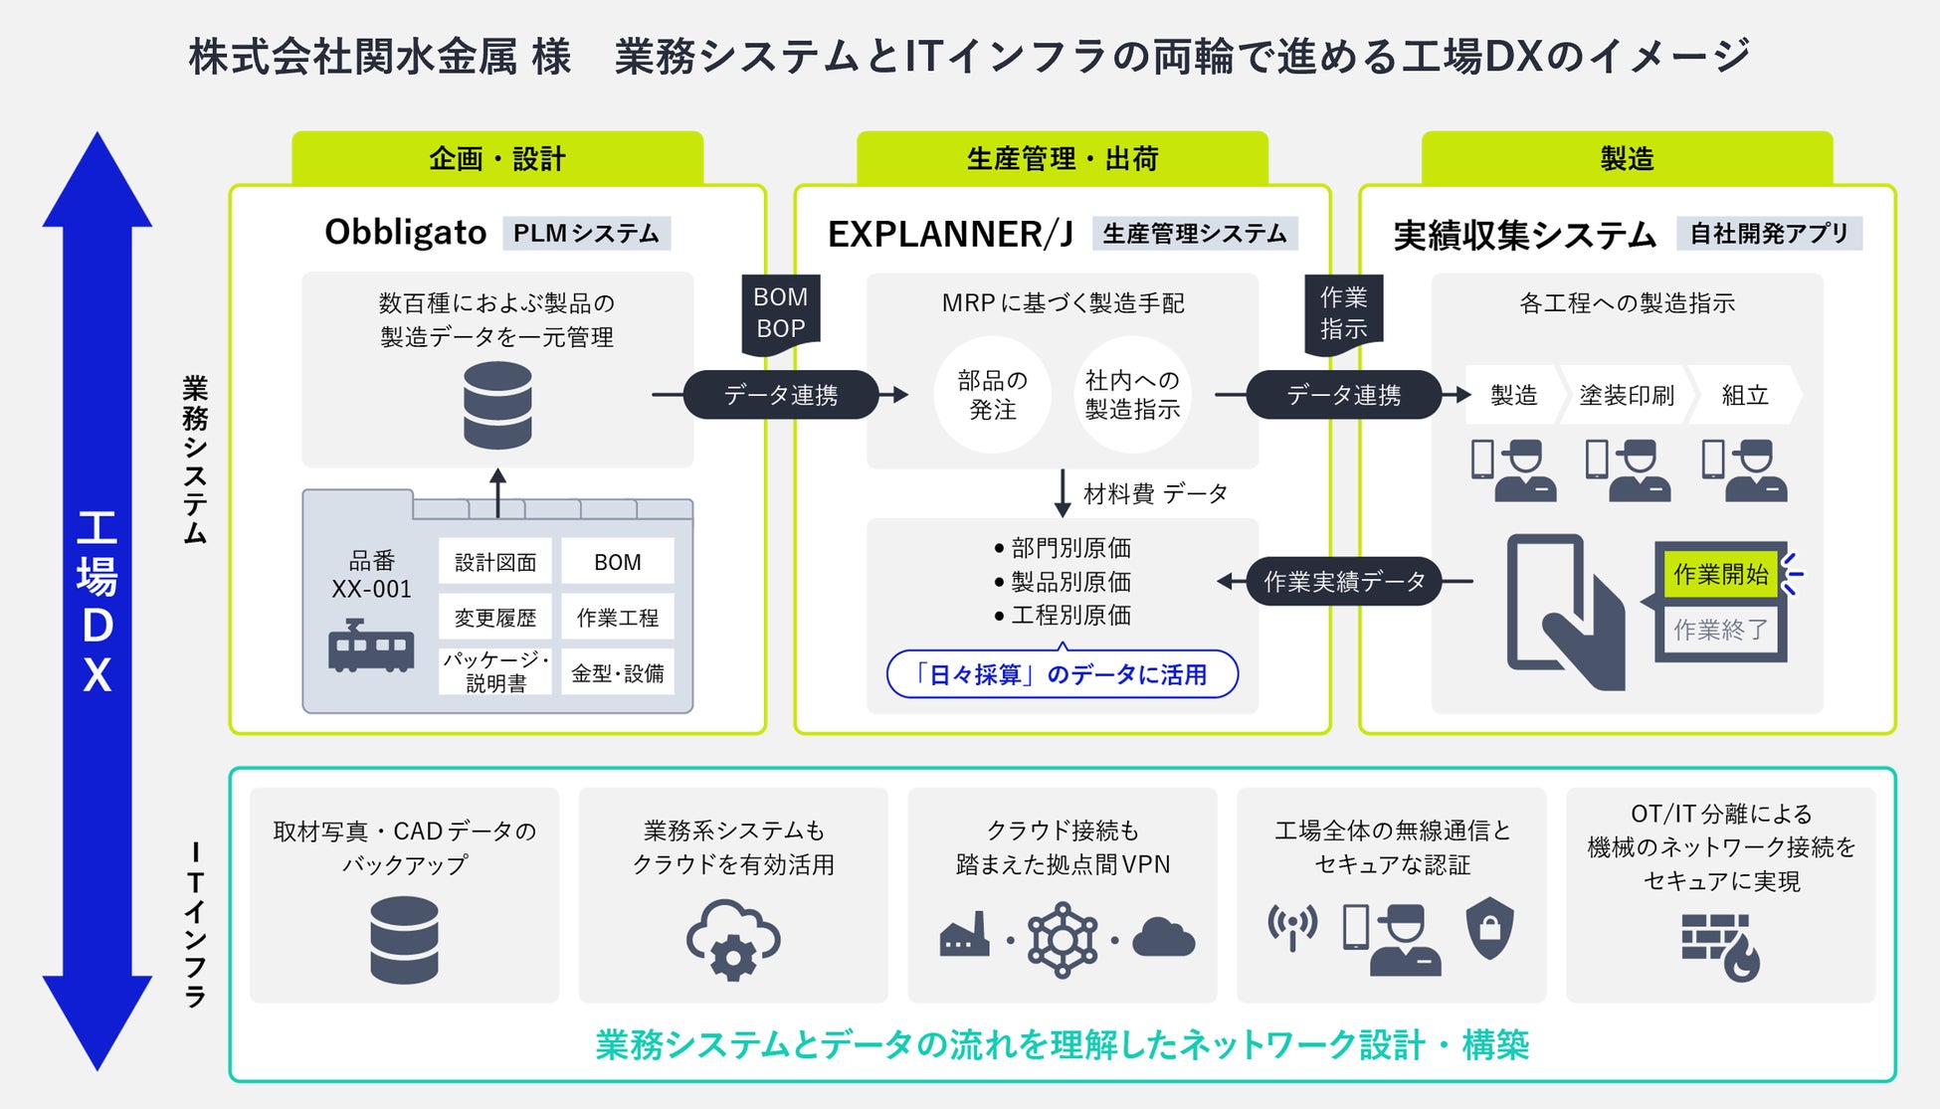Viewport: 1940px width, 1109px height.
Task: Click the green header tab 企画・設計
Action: [x=497, y=158]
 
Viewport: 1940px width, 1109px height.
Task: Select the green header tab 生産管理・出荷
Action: [x=1063, y=158]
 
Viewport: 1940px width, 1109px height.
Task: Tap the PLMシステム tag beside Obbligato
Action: [x=586, y=234]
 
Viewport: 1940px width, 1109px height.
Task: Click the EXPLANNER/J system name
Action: [x=951, y=234]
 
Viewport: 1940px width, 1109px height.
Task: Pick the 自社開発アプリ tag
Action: [x=1769, y=234]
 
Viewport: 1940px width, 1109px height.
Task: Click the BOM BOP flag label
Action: [x=781, y=313]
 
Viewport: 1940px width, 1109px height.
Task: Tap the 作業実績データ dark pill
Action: [x=1344, y=582]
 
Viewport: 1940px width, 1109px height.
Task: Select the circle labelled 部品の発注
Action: [x=992, y=395]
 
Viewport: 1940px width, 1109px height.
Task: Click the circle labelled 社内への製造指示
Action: [x=1132, y=395]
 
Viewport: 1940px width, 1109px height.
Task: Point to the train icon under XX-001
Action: [x=371, y=646]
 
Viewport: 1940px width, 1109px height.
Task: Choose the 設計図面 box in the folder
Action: [x=495, y=562]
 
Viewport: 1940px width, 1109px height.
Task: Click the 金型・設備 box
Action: [x=618, y=673]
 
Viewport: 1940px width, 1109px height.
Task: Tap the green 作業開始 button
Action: [x=1721, y=574]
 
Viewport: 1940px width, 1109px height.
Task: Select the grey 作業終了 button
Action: [x=1721, y=630]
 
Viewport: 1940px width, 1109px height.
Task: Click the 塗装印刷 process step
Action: [x=1627, y=395]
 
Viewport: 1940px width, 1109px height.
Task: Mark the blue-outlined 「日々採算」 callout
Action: [x=1063, y=674]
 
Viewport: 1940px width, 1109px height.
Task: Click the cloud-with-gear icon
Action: [x=733, y=940]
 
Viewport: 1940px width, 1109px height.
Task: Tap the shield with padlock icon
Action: [x=1490, y=928]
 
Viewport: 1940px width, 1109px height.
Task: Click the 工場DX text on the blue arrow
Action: [x=97, y=602]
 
